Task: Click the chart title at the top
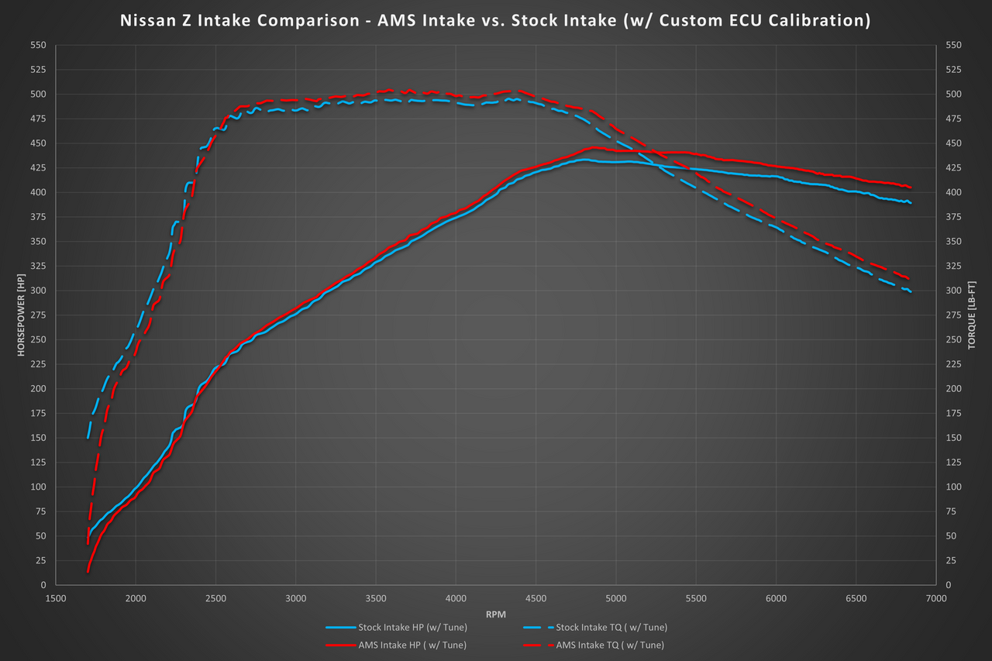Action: [x=495, y=21]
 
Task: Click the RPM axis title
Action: [x=495, y=613]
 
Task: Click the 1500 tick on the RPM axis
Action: [x=56, y=599]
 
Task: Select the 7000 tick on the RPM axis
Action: [x=935, y=599]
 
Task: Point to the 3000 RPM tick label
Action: [x=295, y=599]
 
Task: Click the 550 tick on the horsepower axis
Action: [x=38, y=46]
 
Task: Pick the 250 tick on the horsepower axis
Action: [x=38, y=339]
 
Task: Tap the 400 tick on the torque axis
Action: [x=954, y=192]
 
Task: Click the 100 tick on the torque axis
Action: [x=954, y=487]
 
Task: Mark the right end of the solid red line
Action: [x=911, y=188]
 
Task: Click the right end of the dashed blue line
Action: [x=911, y=292]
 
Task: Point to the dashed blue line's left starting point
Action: [x=88, y=439]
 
